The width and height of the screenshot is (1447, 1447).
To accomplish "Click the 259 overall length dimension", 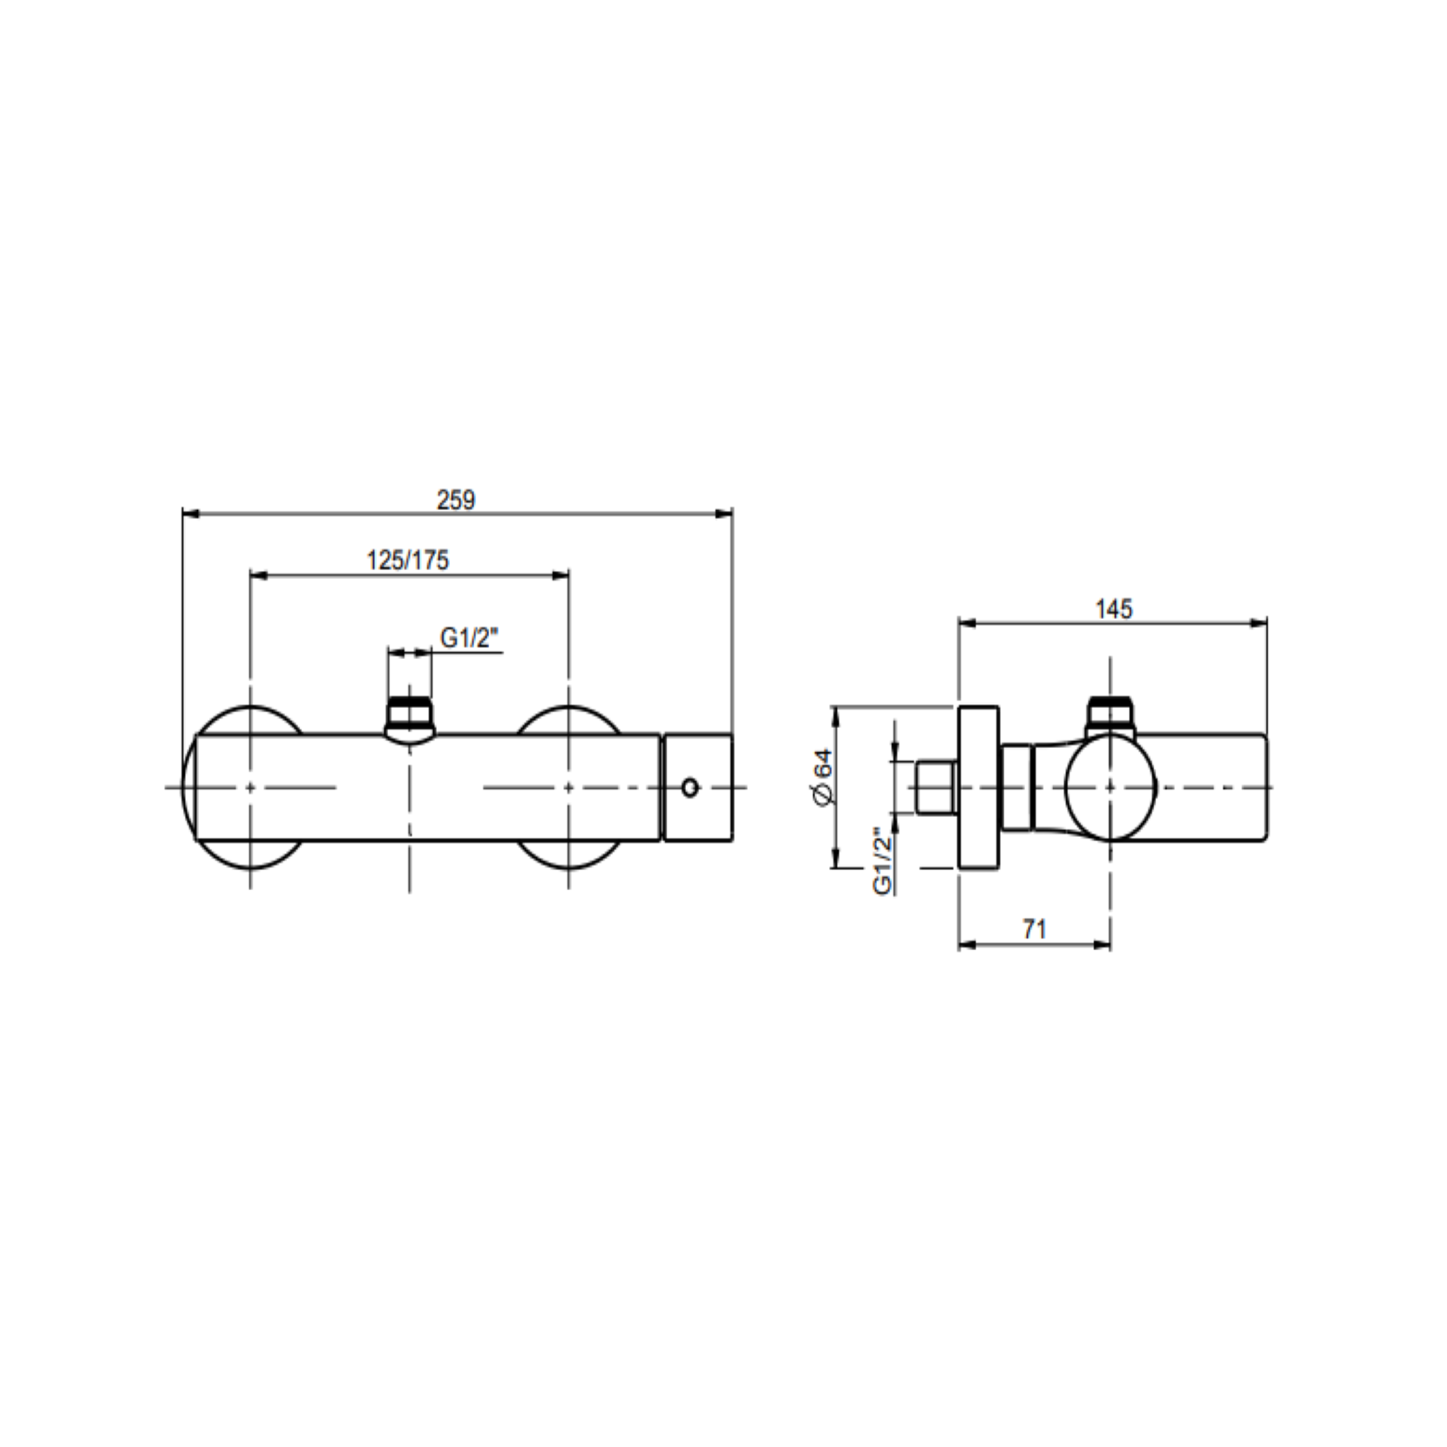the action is coord(456,500).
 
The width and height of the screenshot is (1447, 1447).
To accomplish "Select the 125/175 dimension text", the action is coord(408,560).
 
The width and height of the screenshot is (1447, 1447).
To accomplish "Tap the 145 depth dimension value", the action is coord(1113,608).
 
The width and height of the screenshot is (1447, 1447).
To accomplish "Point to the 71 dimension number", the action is coord(1034,929).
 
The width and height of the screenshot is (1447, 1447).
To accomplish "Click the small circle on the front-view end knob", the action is coord(690,788).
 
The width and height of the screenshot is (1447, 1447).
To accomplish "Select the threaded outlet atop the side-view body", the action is coord(1111,716).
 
